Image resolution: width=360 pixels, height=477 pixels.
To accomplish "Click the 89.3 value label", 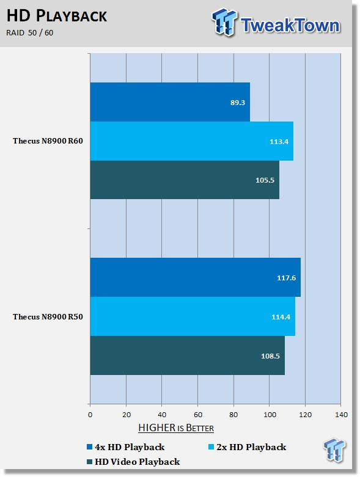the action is coord(237,103).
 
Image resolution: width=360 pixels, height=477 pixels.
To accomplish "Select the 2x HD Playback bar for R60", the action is coord(192,141).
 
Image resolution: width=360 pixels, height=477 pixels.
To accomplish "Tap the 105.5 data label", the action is coord(265,180).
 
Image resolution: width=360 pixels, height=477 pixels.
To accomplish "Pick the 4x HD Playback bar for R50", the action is coord(196,277).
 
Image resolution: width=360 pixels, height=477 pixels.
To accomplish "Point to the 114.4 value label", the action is coord(281,317).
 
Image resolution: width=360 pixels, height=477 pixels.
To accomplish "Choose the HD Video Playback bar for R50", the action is coord(188,355).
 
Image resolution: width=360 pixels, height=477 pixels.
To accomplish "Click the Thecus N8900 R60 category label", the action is coord(48,141).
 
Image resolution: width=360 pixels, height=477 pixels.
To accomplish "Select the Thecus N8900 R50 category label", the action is coord(48,317).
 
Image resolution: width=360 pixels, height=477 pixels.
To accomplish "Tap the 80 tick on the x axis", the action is coord(233,415).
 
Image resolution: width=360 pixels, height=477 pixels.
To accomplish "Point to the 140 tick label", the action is coord(341,415).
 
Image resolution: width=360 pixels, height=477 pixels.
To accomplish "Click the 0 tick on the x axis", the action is coord(90,415).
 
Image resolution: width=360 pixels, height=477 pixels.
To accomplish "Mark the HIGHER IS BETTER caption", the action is coord(176,428).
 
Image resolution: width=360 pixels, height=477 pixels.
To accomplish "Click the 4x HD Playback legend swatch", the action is coord(89,447).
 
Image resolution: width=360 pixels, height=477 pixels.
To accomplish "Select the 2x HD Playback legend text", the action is coord(251,447).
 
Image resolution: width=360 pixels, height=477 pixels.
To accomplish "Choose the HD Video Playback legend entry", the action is coord(133,462).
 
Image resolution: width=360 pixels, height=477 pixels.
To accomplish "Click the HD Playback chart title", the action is coord(57,16).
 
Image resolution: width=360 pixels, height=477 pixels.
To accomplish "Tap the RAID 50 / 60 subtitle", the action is coord(30,32).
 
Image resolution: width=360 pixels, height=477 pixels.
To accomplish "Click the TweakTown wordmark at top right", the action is coord(290,25).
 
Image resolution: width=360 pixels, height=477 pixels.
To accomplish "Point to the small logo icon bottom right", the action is coord(334,450).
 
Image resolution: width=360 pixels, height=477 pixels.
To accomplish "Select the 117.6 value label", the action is coord(286,278).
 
